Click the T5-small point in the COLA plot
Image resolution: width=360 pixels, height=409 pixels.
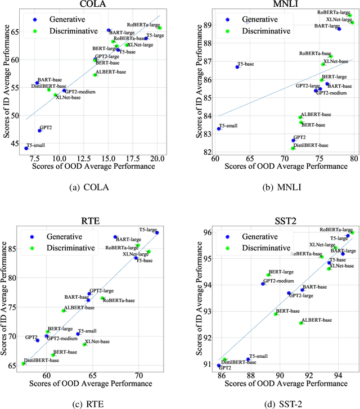(26, 148)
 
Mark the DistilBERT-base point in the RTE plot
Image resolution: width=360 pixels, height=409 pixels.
(24, 363)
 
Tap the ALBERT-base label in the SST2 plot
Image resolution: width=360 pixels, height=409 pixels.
(317, 320)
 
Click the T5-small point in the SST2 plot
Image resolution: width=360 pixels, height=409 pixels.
(248, 359)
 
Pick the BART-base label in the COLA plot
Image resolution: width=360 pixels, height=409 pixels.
(48, 80)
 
